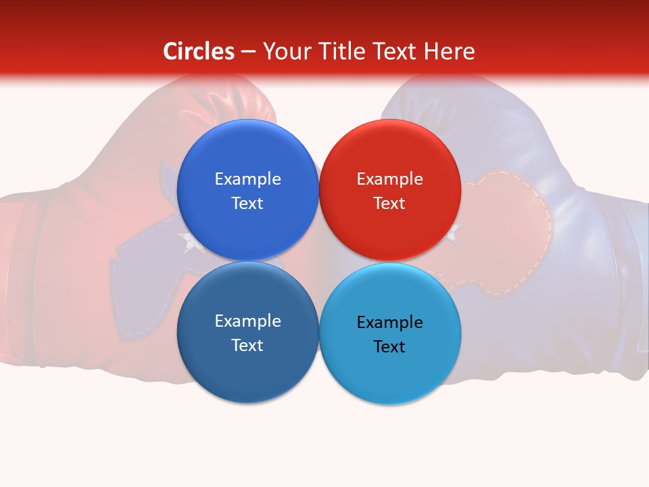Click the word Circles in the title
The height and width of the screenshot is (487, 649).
[199, 51]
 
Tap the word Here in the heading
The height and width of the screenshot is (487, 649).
[449, 51]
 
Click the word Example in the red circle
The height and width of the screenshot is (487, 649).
[390, 179]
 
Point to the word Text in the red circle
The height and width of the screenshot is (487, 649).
[389, 204]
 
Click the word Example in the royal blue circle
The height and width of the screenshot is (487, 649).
[247, 179]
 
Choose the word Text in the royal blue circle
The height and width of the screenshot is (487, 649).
[247, 204]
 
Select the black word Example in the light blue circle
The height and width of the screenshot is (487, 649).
[390, 322]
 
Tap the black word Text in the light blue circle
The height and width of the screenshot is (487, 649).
[389, 346]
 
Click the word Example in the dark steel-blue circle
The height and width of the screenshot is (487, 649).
[247, 321]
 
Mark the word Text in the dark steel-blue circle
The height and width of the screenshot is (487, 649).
[247, 346]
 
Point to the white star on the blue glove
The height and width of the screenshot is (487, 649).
[453, 233]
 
